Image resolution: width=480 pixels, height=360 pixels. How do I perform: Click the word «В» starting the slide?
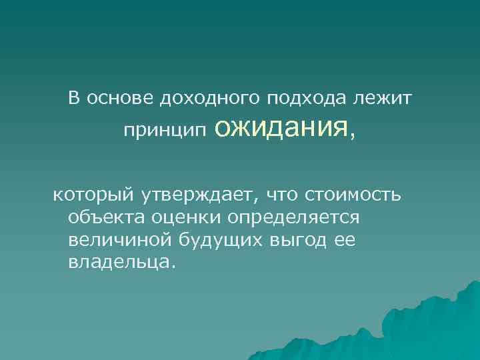tap(73, 99)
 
